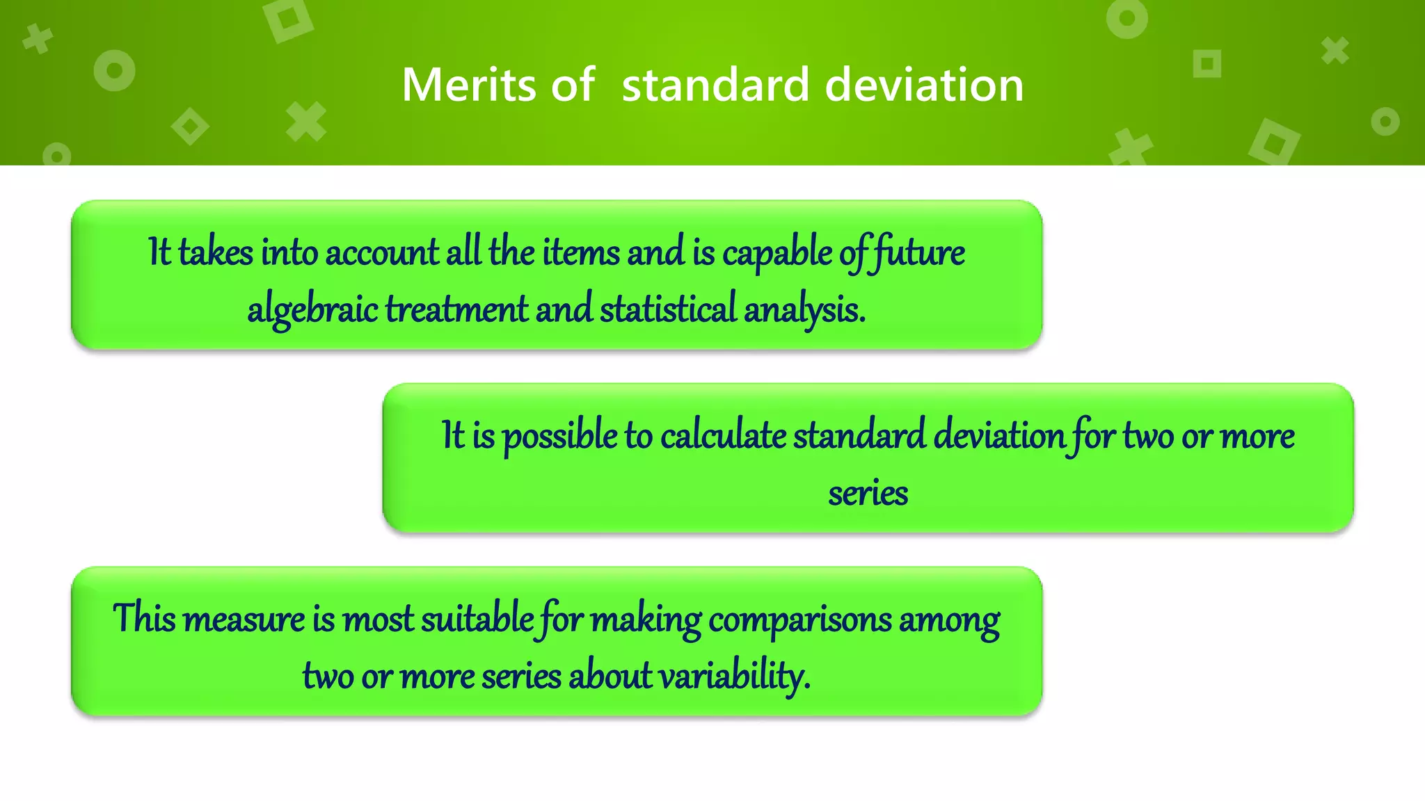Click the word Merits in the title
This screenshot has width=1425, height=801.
tap(470, 85)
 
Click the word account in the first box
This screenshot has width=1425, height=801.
tap(382, 252)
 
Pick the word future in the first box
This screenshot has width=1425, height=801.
tap(918, 253)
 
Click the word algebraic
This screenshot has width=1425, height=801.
tap(312, 310)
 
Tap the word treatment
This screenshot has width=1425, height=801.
tap(456, 309)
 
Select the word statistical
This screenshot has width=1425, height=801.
tap(668, 309)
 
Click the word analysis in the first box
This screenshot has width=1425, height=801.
tap(804, 310)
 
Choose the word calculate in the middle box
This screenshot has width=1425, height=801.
tap(723, 437)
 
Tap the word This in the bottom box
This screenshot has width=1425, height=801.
tap(144, 618)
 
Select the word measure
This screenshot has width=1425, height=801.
tap(244, 620)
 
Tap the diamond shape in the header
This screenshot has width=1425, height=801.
tap(190, 127)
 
